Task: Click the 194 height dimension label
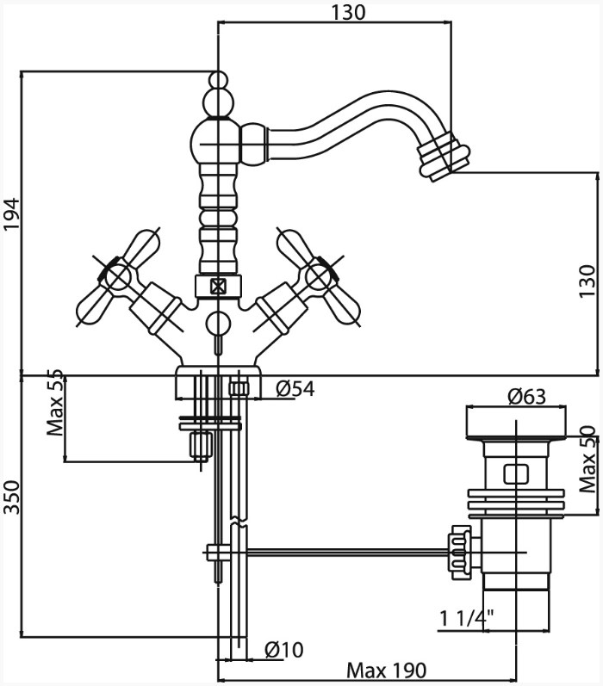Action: [12, 214]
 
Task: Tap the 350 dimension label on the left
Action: [12, 497]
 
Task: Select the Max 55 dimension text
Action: [56, 403]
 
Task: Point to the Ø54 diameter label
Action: [295, 388]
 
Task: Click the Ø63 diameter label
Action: [526, 397]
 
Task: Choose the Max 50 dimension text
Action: [587, 459]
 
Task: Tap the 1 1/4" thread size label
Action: [467, 618]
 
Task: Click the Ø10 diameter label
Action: [283, 649]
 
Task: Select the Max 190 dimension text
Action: [386, 670]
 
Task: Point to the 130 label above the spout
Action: [348, 13]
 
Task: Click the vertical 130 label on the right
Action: [587, 281]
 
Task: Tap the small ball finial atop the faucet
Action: [218, 80]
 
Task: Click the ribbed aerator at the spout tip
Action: [443, 157]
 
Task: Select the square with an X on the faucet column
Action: [218, 287]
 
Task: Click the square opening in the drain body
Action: [516, 473]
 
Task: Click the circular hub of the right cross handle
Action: [318, 278]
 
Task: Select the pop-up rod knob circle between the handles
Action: [218, 324]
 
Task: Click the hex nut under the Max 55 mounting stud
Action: [201, 446]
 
